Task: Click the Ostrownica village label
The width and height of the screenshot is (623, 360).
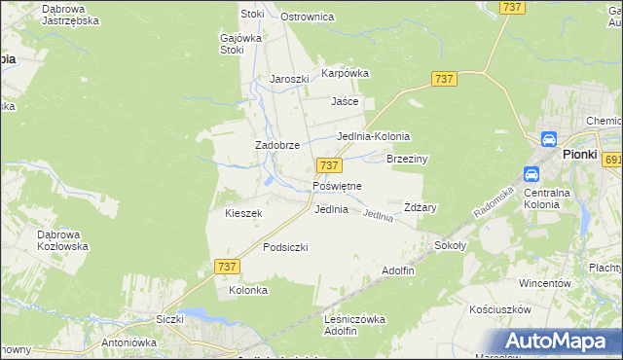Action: pos(307,17)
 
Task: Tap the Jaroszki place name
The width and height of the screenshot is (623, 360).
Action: pos(289,79)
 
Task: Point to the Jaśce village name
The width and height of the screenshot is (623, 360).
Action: pos(345,100)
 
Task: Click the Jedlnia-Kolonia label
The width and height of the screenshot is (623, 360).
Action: pos(373,136)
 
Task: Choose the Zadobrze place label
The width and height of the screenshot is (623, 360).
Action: pos(275,145)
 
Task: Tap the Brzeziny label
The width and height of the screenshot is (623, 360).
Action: pos(408,158)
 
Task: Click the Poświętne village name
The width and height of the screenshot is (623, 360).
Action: pos(337,185)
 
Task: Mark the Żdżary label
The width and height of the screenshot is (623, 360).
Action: pos(420,207)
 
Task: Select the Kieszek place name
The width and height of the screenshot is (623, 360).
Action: pos(243,213)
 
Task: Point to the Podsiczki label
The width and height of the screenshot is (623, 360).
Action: pos(285,247)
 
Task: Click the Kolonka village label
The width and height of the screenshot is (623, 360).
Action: pos(247,290)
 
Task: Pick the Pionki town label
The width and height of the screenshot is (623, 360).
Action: pos(578,154)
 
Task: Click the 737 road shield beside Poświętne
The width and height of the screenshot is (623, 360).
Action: pos(328,166)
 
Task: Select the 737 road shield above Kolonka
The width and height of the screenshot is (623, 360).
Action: pos(225,267)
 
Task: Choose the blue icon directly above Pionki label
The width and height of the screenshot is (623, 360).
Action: pos(548,139)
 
